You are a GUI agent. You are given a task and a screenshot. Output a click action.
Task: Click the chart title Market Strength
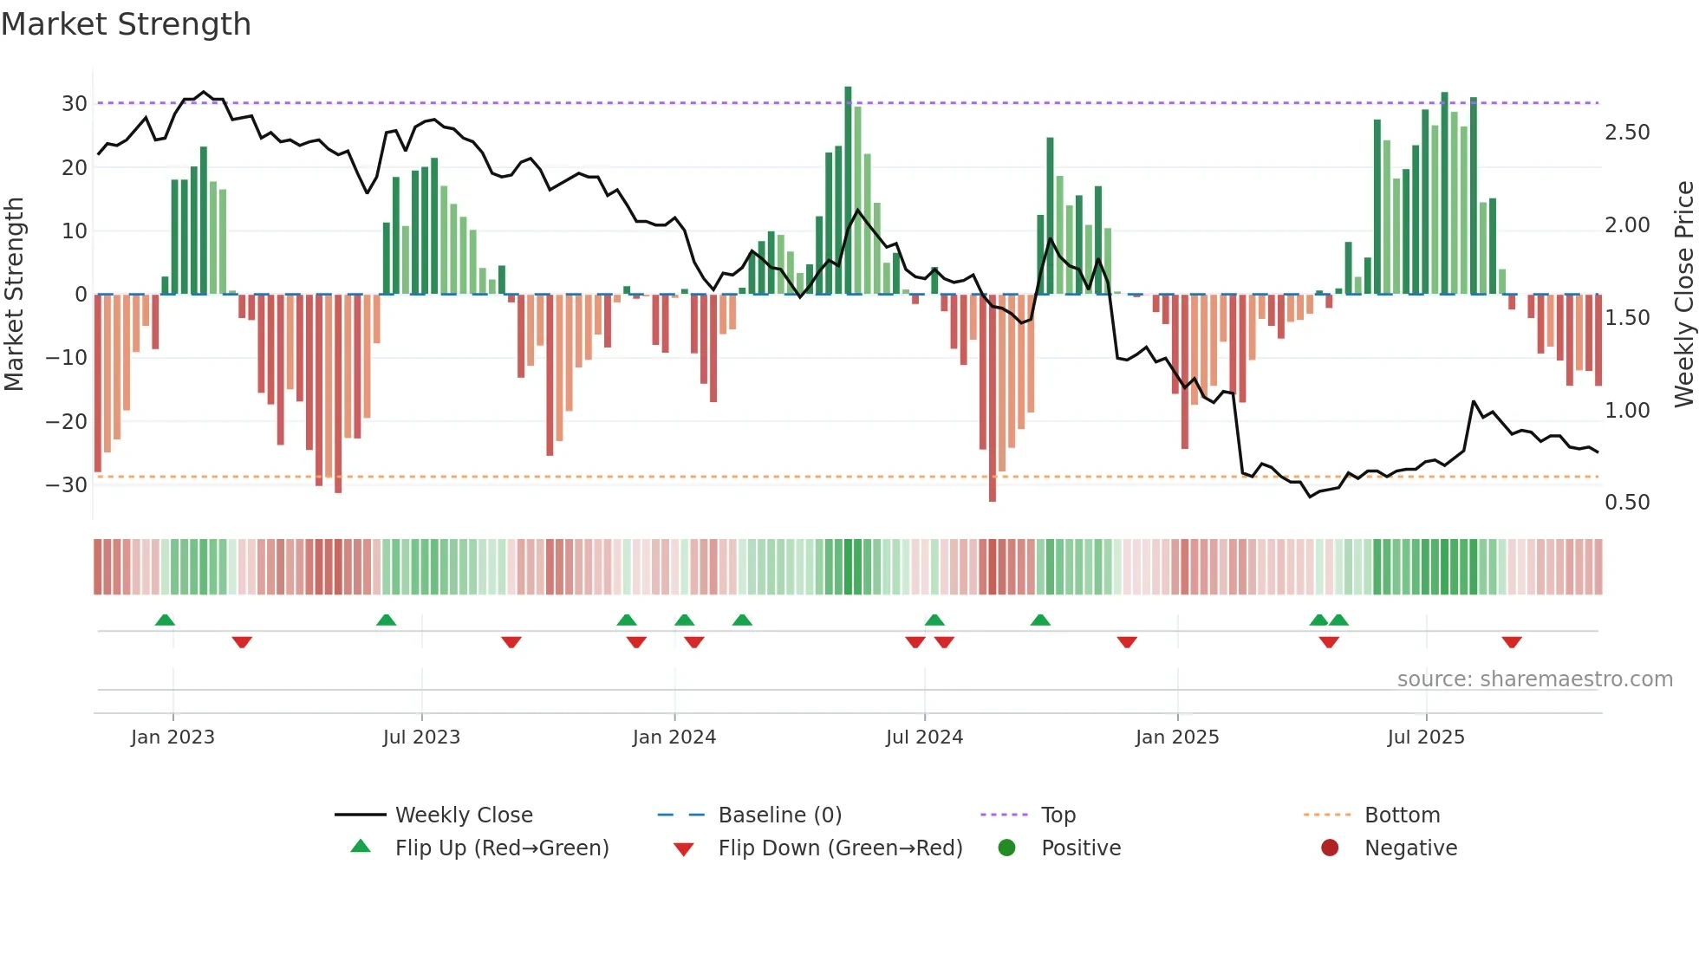(x=126, y=24)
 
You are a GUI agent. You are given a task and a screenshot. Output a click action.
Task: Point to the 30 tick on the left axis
(x=75, y=104)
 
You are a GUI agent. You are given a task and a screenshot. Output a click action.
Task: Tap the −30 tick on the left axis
(x=67, y=485)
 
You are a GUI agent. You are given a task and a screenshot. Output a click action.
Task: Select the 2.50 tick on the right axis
(x=1627, y=133)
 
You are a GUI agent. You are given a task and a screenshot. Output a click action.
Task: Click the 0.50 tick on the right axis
(x=1627, y=503)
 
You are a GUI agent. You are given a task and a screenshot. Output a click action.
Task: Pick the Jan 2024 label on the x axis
(x=674, y=737)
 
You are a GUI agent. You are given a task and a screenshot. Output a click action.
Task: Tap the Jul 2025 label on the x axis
(x=1425, y=737)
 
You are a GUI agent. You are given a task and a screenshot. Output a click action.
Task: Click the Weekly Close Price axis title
(x=1683, y=294)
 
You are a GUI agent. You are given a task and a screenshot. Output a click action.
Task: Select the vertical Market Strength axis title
(x=14, y=294)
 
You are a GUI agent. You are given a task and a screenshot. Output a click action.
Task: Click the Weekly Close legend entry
(x=464, y=815)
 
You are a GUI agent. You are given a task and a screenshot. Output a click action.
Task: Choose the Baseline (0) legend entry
(x=779, y=815)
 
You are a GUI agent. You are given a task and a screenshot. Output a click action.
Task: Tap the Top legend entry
(x=1058, y=815)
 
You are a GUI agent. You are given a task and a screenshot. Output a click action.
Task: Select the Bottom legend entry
(x=1402, y=815)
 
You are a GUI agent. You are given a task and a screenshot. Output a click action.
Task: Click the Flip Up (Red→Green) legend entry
(x=501, y=848)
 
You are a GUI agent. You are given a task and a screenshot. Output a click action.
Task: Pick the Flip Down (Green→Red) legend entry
(x=840, y=848)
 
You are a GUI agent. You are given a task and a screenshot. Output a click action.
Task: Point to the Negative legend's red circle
(x=1330, y=848)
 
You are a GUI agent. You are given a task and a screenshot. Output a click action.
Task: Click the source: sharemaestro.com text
(x=1534, y=679)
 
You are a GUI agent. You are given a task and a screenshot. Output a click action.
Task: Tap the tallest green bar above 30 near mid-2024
(x=848, y=191)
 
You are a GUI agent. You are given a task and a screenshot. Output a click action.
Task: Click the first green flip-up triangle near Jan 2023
(x=165, y=620)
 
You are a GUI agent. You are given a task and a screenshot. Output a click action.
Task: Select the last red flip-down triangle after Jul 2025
(x=1512, y=642)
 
